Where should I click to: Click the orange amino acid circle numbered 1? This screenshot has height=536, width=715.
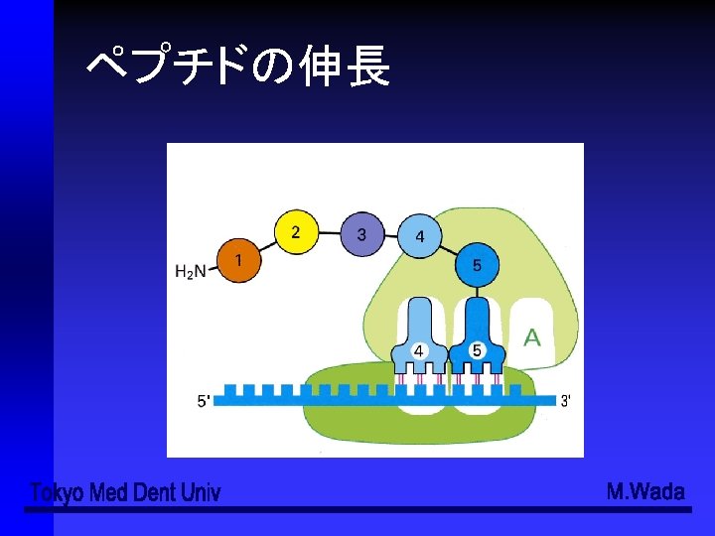coord(236,260)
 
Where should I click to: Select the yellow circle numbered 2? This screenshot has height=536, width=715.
coord(295,232)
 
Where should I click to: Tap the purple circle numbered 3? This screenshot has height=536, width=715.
coord(361,234)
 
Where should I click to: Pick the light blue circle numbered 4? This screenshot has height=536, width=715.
coord(420,236)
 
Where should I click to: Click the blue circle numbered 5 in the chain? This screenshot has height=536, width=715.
coord(478,265)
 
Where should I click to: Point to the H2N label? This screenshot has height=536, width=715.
coord(190,271)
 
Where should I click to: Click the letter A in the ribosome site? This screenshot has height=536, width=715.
coord(532,337)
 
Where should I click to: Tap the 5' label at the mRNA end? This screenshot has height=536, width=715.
coord(204,401)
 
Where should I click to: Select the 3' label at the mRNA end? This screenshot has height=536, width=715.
coord(565,401)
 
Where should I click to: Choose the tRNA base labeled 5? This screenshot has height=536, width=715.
coord(477,350)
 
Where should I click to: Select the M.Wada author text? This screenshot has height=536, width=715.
coord(645,491)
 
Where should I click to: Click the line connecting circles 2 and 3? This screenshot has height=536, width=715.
coord(329,233)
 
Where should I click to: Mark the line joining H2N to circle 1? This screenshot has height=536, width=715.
coord(213,268)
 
